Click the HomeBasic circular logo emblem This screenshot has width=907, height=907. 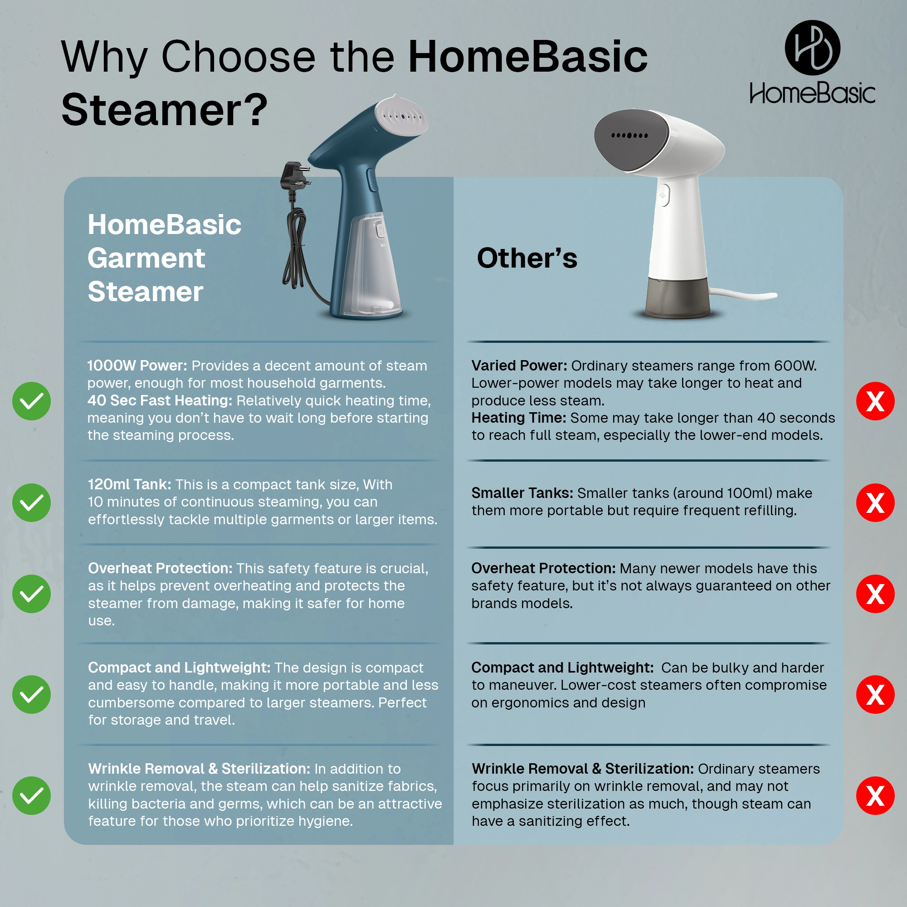click(x=812, y=48)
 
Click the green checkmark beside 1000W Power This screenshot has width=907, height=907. click(x=31, y=401)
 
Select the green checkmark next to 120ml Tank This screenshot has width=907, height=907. click(x=31, y=502)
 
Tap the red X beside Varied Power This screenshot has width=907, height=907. click(x=875, y=401)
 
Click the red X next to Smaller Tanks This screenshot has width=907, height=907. click(x=875, y=502)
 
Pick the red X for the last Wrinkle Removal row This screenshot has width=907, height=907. click(x=875, y=795)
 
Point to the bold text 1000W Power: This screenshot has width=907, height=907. click(x=137, y=365)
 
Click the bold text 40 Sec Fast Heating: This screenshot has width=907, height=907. click(x=160, y=400)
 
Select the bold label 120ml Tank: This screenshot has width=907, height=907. click(x=130, y=484)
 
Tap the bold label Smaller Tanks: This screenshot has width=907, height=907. click(x=522, y=493)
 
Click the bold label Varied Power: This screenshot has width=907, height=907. click(x=519, y=365)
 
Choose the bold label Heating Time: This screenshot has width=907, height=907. click(x=518, y=417)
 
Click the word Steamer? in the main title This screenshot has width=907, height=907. click(x=164, y=110)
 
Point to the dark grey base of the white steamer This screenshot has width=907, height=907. click(x=678, y=297)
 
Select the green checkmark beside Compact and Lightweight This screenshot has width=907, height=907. click(x=31, y=694)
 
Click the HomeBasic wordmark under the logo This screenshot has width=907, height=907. click(x=812, y=93)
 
